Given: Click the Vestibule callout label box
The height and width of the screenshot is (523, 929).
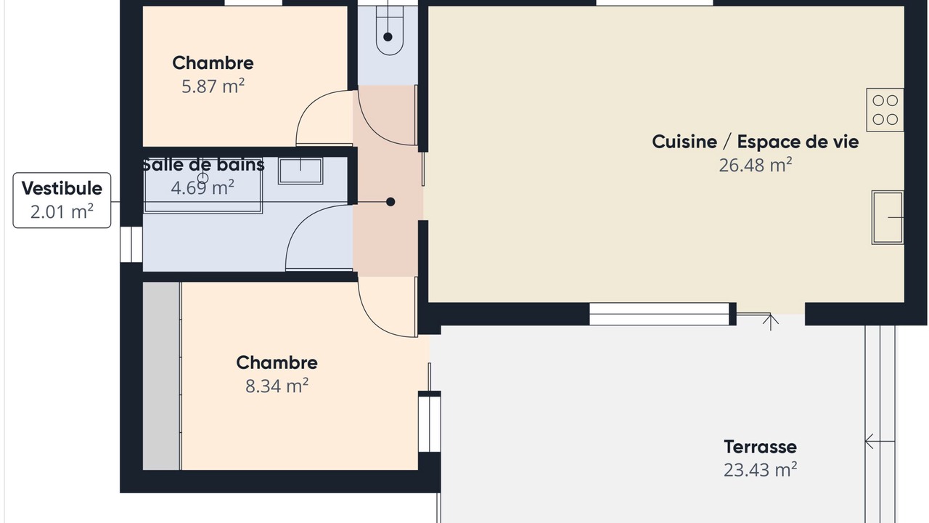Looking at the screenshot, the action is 62,200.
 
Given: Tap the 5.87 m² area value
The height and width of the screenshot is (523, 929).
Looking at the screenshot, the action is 213,86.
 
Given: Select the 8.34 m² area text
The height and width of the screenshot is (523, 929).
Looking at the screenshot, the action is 277,386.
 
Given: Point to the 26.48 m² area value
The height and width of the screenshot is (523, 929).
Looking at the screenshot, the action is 756,165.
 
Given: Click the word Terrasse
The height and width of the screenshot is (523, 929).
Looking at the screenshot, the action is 760,447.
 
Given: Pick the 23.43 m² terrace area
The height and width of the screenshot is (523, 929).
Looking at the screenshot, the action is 760,470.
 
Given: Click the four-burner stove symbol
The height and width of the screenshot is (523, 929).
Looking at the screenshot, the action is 885,110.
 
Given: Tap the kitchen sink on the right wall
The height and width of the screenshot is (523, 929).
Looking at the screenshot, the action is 888,217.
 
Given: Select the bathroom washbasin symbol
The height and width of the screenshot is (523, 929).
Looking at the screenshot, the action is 300,171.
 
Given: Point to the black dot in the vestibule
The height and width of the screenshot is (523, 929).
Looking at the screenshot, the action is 390,202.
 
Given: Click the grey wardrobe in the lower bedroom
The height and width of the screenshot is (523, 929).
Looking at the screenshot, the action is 162,376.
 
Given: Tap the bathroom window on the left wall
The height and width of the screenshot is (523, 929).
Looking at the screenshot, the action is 131,245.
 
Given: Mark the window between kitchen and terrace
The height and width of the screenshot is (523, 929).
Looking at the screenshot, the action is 660,314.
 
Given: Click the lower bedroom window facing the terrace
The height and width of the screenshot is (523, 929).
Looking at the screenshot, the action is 429,424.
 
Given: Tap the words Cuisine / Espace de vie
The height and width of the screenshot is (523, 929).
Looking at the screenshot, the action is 756,142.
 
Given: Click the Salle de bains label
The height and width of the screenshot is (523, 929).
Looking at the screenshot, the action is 203,165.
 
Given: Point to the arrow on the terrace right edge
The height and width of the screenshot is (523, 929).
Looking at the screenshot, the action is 880,441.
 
